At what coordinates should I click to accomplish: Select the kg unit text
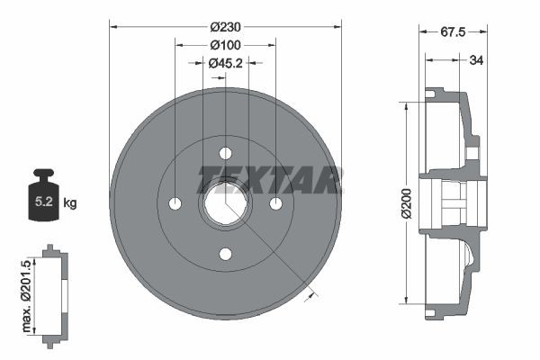click(70, 203)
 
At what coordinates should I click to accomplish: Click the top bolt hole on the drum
click(225, 151)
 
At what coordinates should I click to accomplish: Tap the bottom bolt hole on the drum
click(225, 253)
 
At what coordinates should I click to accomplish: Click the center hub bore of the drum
click(225, 202)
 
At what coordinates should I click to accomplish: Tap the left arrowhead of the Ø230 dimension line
click(113, 27)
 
